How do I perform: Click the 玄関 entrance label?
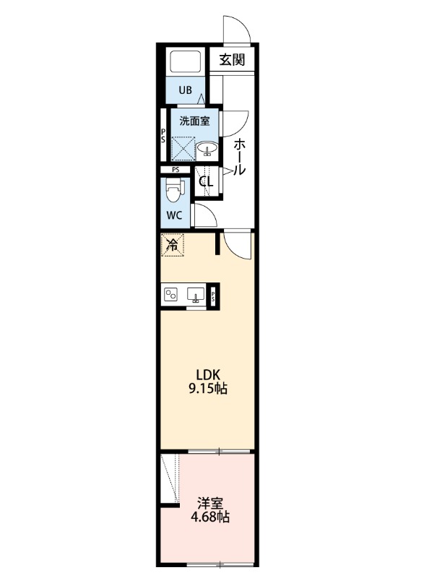[232, 60]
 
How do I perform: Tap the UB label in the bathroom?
[186, 90]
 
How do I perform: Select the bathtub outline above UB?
[186, 63]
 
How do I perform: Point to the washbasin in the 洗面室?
[208, 150]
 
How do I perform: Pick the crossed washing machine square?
[183, 149]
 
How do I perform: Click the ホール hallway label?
[239, 157]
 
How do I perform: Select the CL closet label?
[207, 182]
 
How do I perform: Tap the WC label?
[175, 215]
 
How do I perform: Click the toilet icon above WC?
[173, 191]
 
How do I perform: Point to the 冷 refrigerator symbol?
[173, 245]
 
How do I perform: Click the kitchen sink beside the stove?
[195, 294]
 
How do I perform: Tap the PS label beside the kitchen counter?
[215, 295]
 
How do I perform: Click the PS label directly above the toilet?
[176, 171]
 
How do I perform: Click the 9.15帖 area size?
[209, 389]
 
